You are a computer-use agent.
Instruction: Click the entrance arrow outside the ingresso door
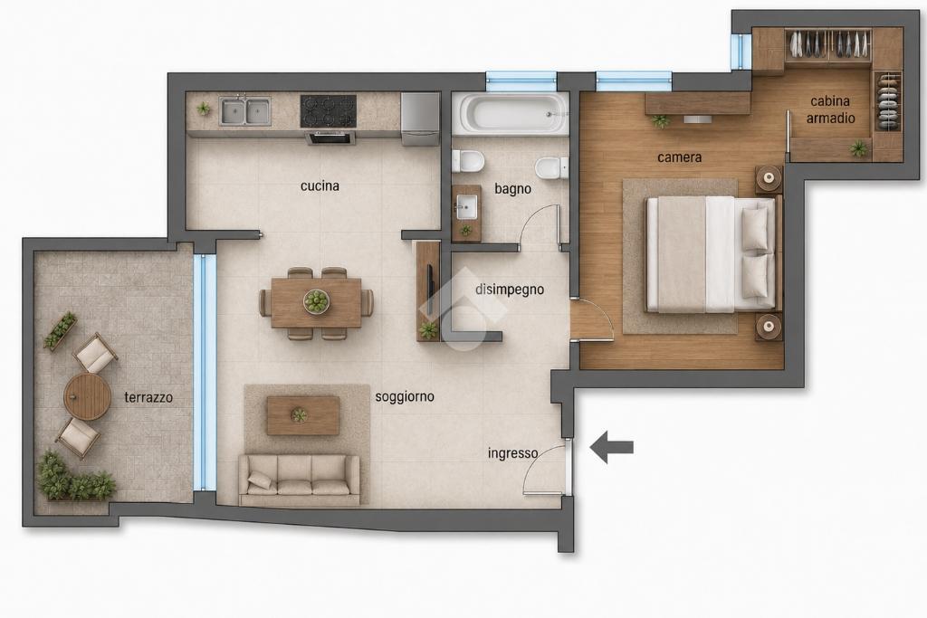(x=612, y=447)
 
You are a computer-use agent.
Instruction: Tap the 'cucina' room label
(x=320, y=186)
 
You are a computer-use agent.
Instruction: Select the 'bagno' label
(x=512, y=189)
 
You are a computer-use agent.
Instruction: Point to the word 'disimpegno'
(x=510, y=290)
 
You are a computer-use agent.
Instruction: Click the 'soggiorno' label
(x=405, y=396)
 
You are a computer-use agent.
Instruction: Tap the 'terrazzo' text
(x=148, y=397)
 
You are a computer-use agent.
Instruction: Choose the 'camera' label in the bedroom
(x=679, y=157)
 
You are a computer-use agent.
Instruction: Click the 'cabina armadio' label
(x=831, y=109)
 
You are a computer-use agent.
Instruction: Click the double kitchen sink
(x=244, y=111)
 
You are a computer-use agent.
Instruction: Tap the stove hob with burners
(x=328, y=111)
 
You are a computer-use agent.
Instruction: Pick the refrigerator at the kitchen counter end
(x=420, y=119)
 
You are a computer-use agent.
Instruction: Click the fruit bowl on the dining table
(x=316, y=301)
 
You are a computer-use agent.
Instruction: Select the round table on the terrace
(x=88, y=396)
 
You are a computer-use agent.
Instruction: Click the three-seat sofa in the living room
(x=299, y=480)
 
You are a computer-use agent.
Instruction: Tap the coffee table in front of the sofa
(x=302, y=415)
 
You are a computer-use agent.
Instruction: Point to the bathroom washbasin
(x=467, y=207)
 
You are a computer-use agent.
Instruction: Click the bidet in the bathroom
(x=551, y=168)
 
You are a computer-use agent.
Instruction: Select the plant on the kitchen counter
(x=204, y=109)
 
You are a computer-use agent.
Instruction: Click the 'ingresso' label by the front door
(x=512, y=453)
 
